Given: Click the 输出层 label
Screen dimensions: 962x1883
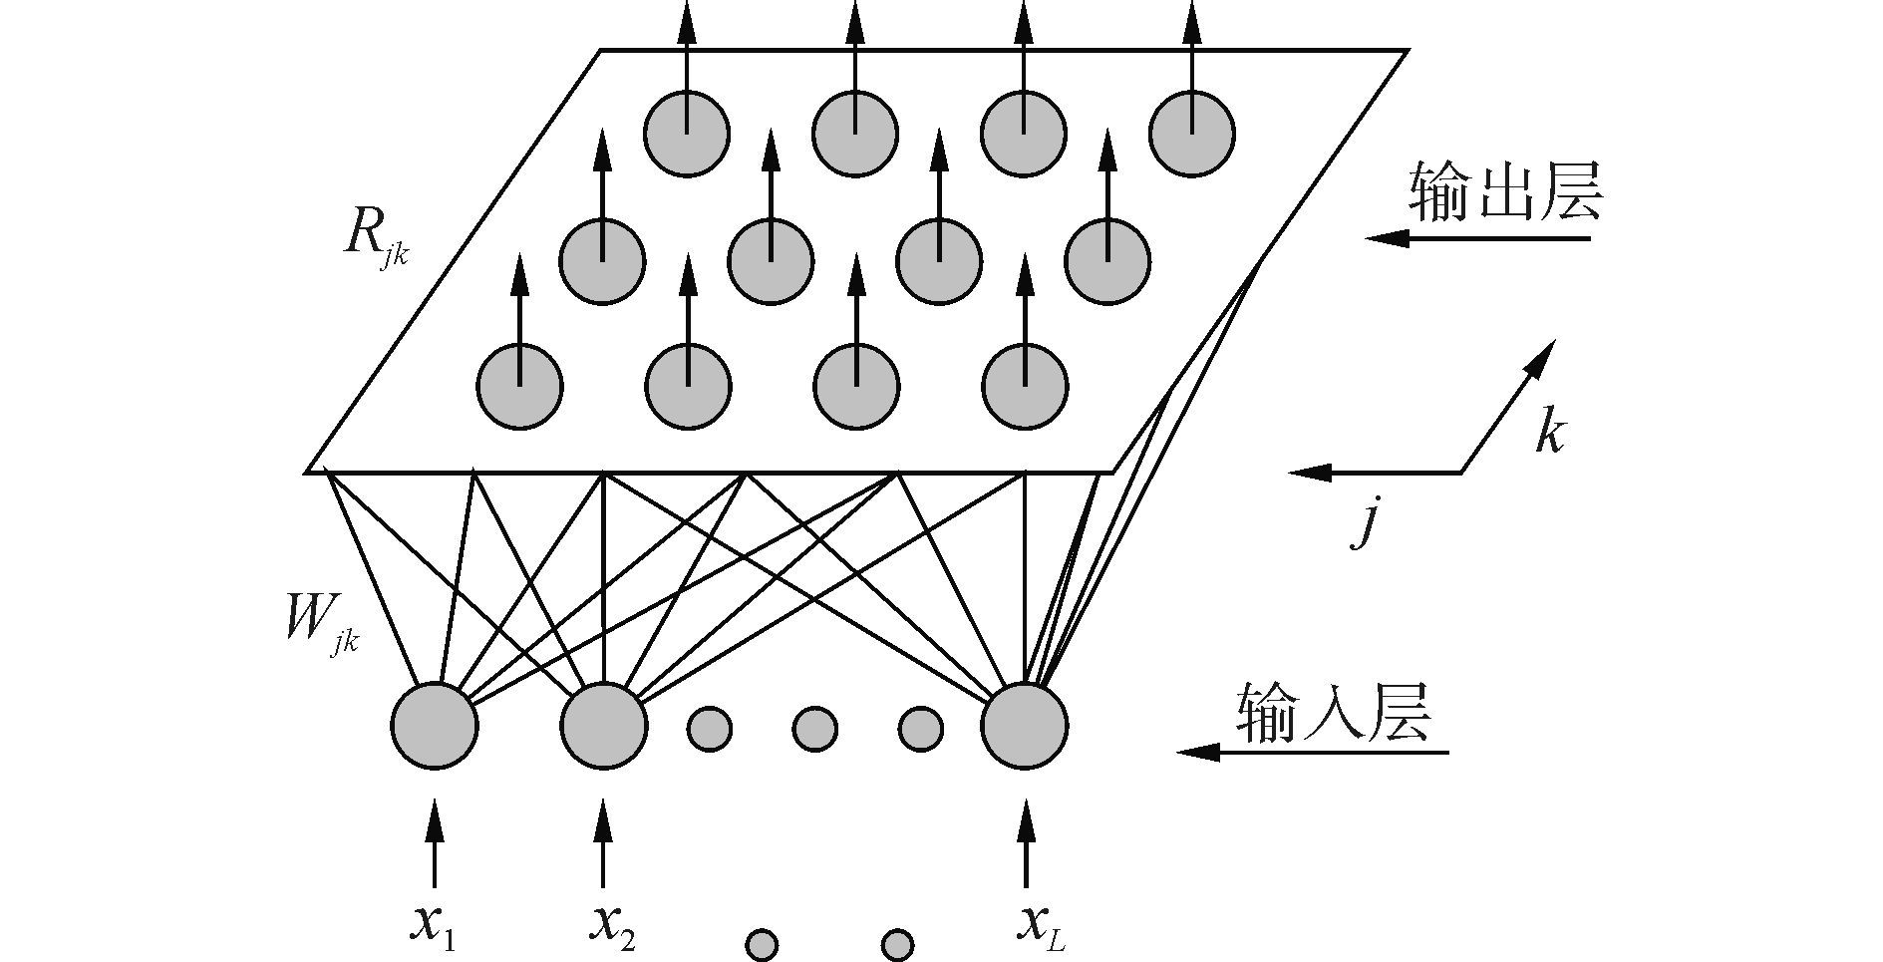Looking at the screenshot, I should (x=1504, y=191).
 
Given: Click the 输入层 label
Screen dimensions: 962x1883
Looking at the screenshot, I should (x=1334, y=712).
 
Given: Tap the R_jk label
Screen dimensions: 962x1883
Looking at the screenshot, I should (x=374, y=239).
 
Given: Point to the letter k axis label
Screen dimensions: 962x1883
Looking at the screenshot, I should (x=1549, y=431).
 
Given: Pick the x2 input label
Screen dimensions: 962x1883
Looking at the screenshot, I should (x=611, y=925).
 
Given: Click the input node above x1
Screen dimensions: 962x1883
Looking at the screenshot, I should (x=434, y=726).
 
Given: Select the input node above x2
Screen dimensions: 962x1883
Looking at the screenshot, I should (x=602, y=726).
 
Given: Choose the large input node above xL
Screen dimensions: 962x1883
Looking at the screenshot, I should (x=1025, y=726).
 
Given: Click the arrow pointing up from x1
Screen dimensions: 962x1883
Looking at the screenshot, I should (x=434, y=842).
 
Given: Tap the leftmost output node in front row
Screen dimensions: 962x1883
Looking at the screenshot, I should (x=519, y=387).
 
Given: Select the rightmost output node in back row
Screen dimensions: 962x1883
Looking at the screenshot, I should (x=1192, y=134).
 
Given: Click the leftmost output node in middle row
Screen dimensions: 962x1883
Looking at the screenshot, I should (x=602, y=261).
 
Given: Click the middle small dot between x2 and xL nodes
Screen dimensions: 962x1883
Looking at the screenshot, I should (x=814, y=729).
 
